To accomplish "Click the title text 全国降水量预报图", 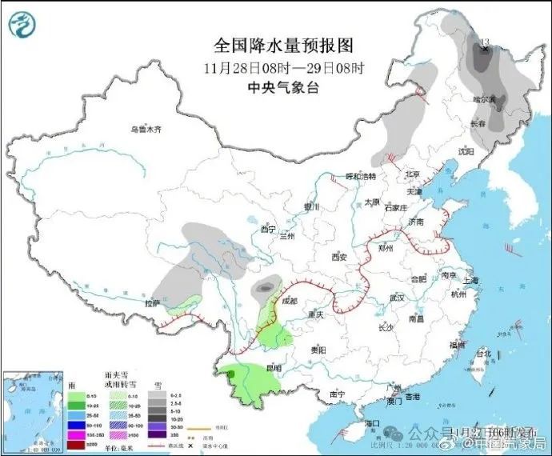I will click(x=274, y=45).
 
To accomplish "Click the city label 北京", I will click(x=412, y=174).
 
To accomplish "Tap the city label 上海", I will click(x=470, y=280).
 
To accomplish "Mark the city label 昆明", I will click(x=273, y=368).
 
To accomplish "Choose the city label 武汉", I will click(x=393, y=298).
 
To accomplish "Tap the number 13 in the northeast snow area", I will click(x=482, y=42).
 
